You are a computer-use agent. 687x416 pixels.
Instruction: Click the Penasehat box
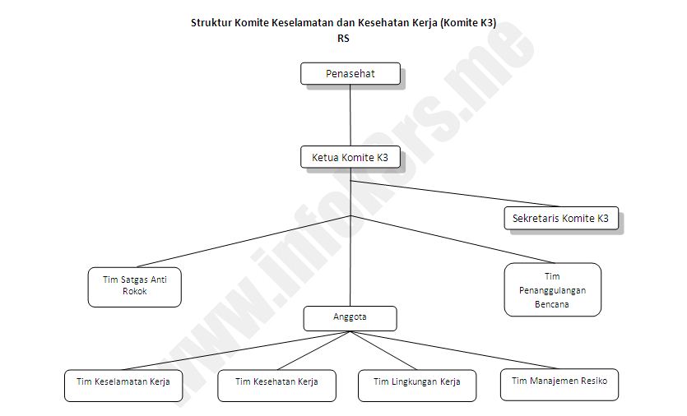pyautogui.click(x=350, y=74)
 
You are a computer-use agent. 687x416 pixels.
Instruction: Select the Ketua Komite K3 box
pyautogui.click(x=350, y=157)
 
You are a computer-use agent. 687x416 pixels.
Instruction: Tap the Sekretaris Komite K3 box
pyautogui.click(x=560, y=219)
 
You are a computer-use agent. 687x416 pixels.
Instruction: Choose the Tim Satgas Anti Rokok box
pyautogui.click(x=134, y=286)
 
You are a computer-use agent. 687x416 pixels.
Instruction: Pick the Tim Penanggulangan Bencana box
pyautogui.click(x=552, y=289)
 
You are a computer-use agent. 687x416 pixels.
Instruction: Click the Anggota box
pyautogui.click(x=350, y=317)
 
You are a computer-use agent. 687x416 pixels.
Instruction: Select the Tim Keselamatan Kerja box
pyautogui.click(x=123, y=382)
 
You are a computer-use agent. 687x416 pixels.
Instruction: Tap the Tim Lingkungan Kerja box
pyautogui.click(x=417, y=382)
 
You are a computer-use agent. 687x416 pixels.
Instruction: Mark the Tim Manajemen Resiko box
pyautogui.click(x=559, y=381)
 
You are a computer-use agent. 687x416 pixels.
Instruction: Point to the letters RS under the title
pyautogui.click(x=343, y=38)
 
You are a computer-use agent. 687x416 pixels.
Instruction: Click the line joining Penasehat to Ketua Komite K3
pyautogui.click(x=350, y=115)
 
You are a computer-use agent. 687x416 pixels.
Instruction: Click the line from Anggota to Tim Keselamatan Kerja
pyautogui.click(x=239, y=351)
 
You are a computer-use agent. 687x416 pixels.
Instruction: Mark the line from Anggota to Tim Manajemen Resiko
pyautogui.click(x=461, y=351)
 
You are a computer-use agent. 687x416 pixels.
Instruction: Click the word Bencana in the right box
pyautogui.click(x=552, y=304)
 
